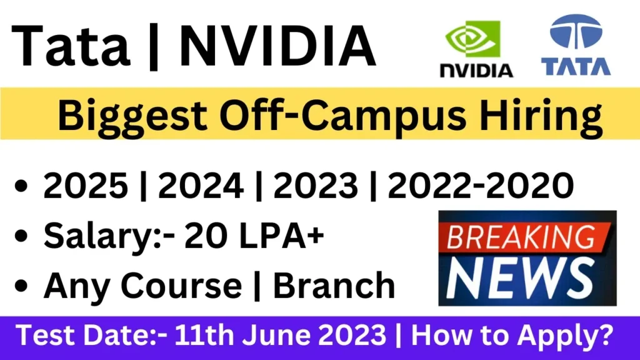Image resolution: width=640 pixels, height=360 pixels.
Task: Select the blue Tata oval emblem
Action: (576, 32)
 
